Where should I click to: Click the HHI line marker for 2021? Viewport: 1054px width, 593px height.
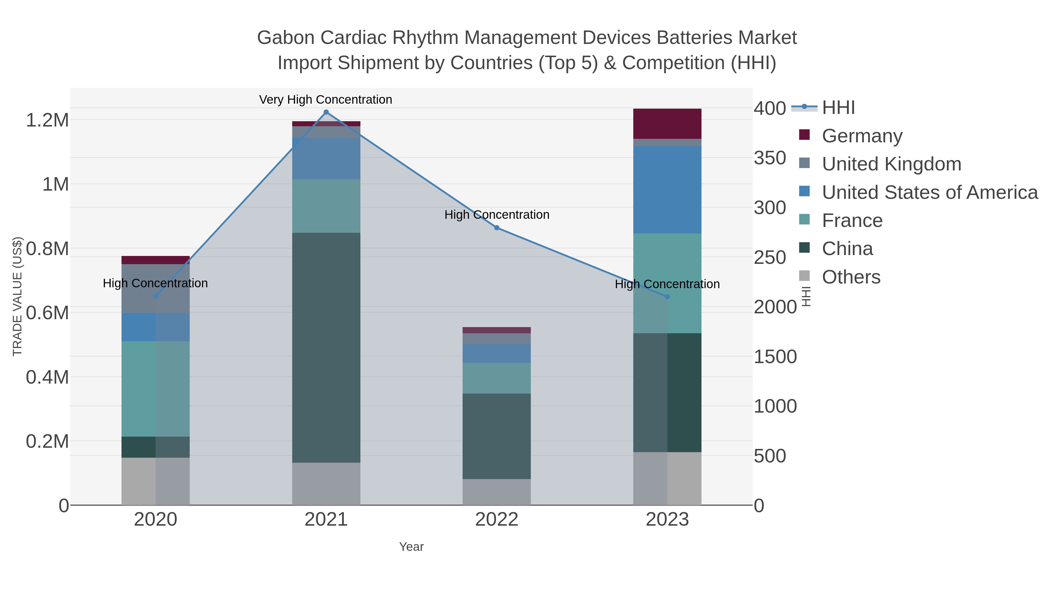coord(326,112)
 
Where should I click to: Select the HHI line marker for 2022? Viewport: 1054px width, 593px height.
coord(497,228)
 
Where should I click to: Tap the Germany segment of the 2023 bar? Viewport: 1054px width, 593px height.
coord(667,124)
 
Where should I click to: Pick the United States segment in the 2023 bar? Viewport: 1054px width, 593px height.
coord(667,189)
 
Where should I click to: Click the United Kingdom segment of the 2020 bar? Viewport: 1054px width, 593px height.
coord(155,288)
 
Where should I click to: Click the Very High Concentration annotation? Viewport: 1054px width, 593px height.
coord(326,100)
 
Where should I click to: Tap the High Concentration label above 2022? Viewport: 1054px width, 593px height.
coord(497,215)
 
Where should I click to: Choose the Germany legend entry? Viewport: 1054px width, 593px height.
coord(862,136)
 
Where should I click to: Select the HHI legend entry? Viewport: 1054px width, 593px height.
coord(838,108)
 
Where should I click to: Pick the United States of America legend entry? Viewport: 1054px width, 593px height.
coord(929,192)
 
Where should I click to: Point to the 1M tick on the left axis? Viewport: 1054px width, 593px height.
coord(55,184)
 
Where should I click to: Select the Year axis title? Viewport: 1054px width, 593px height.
coord(411,547)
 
